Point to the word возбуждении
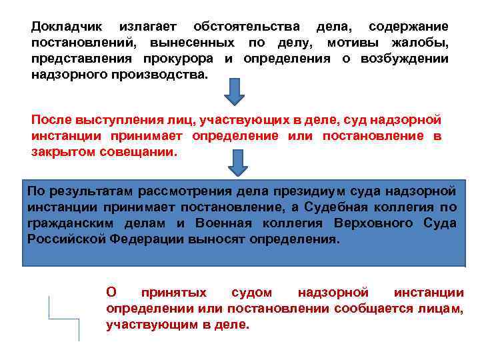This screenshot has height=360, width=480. [x=407, y=59]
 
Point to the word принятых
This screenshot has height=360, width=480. [x=173, y=293]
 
